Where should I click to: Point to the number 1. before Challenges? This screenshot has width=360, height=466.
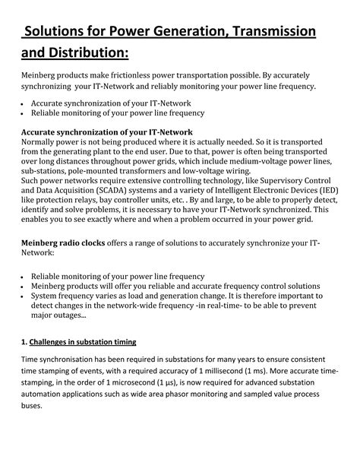point(24,342)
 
